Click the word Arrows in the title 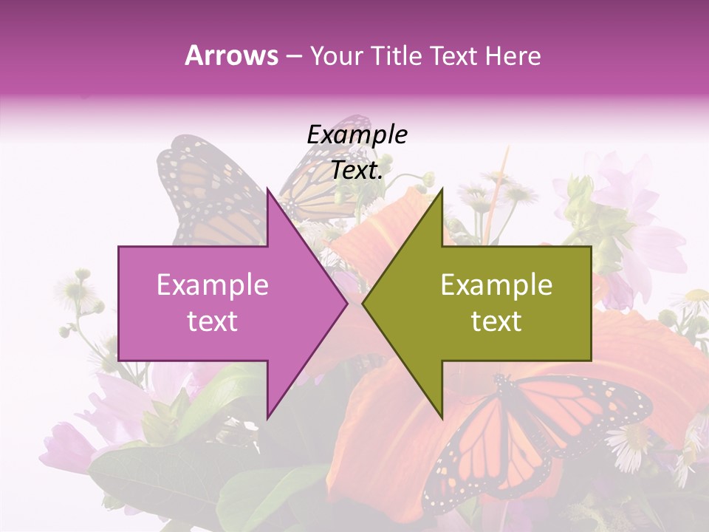pyautogui.click(x=231, y=55)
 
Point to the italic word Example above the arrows pyautogui.click(x=357, y=134)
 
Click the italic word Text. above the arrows pyautogui.click(x=357, y=171)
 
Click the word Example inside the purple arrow pyautogui.click(x=213, y=285)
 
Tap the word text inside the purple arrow pyautogui.click(x=213, y=321)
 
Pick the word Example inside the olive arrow pyautogui.click(x=496, y=285)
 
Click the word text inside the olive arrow pyautogui.click(x=496, y=321)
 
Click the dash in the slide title pyautogui.click(x=293, y=55)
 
